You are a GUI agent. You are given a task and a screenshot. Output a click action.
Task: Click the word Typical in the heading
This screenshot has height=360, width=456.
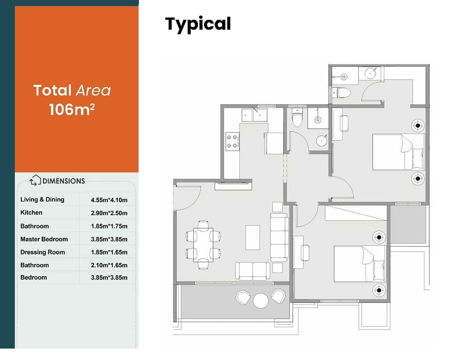coord(198,24)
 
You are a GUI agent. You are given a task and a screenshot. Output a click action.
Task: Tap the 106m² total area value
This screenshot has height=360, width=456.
coord(72,109)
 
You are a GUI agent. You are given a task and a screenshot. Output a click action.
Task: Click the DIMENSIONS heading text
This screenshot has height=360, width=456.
coord(64,181)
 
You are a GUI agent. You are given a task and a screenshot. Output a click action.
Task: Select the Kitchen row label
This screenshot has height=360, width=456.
coord(31,213)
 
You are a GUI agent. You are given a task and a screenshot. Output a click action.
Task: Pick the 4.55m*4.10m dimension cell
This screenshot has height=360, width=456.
coord(109,200)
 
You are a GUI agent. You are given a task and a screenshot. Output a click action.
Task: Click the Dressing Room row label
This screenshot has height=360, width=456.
coord(43,252)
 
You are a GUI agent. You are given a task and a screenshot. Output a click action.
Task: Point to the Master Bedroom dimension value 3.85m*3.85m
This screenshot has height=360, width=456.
coord(109,239)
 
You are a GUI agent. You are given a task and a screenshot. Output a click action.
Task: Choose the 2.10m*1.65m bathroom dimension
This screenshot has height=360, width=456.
coord(109,265)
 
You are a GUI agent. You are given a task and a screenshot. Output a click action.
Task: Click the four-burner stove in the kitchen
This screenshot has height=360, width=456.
coord(232,141)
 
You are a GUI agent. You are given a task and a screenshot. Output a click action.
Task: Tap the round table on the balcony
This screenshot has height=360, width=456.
coord(261,300)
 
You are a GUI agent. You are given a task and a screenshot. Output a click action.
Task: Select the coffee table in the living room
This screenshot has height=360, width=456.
coord(252,237)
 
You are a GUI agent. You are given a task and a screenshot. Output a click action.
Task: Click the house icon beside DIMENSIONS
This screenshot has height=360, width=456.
coord(35,180)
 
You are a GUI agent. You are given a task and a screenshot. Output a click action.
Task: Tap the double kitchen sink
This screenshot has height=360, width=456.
coord(255,115)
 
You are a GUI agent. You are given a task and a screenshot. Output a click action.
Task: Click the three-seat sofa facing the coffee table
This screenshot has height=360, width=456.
coord(279,237)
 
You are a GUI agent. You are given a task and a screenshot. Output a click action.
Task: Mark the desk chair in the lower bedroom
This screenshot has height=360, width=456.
coord(305,253)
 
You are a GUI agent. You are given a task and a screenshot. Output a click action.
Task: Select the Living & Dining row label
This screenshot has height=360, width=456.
coord(42,199)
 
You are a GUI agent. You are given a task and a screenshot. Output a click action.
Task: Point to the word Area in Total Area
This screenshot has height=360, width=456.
coord(93,91)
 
